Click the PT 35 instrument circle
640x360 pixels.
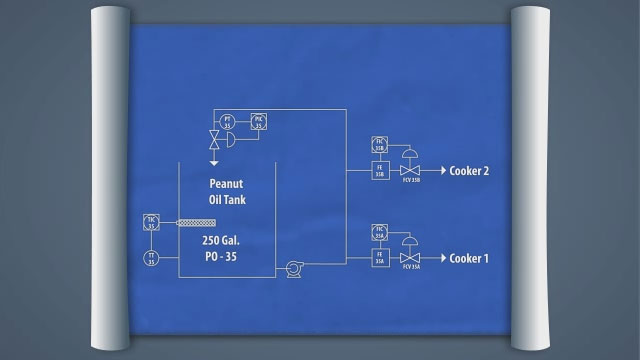click(x=228, y=121)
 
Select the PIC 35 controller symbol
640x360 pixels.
click(x=258, y=121)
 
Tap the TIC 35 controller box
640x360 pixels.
click(x=151, y=222)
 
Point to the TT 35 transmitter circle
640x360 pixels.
click(x=151, y=258)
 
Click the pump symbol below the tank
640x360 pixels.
click(x=294, y=268)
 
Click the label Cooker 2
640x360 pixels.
click(x=469, y=171)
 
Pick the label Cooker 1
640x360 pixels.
click(x=469, y=259)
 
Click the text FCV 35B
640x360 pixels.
click(x=409, y=181)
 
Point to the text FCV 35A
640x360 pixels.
click(x=409, y=269)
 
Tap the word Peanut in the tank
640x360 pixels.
click(x=226, y=184)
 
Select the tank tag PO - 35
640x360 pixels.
click(x=226, y=257)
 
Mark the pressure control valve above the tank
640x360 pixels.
click(x=214, y=139)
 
